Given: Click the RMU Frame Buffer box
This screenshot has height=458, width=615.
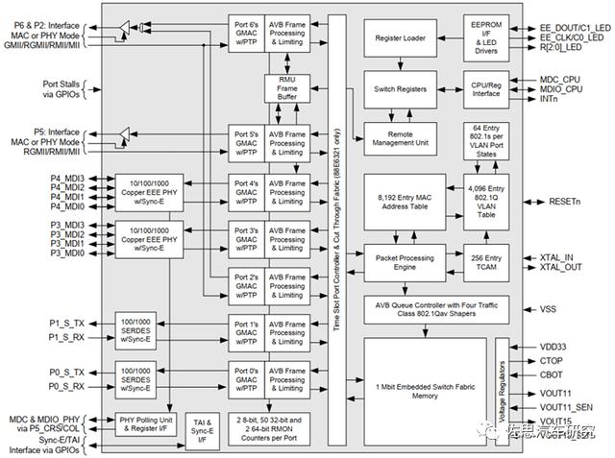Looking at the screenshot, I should point(285,88).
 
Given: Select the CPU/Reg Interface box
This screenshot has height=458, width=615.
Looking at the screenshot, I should point(486,88).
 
